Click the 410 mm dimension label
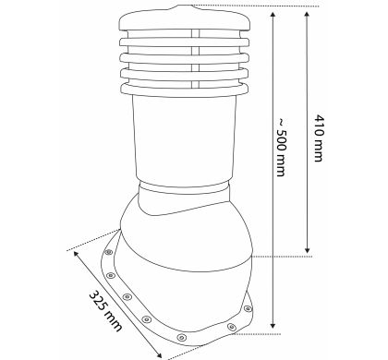(x=319, y=138)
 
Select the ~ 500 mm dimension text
(x=281, y=147)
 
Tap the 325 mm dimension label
(x=105, y=311)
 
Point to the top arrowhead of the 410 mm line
(x=307, y=15)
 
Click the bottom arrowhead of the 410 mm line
(x=307, y=250)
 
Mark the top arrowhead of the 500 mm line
(x=273, y=15)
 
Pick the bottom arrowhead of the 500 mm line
(x=273, y=325)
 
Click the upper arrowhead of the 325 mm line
(x=76, y=254)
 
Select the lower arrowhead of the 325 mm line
(x=159, y=354)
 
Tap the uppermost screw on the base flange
(x=108, y=252)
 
